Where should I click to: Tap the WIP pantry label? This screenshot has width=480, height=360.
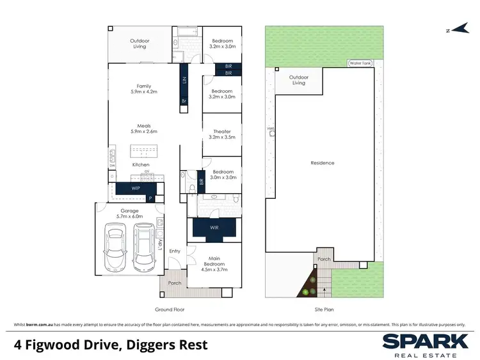point(136,189)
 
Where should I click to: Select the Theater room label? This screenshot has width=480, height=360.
point(222,131)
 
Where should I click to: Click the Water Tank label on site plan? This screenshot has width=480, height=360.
point(358,63)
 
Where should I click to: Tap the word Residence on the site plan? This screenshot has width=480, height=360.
point(323,163)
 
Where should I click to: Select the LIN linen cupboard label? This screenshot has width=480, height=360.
point(184,81)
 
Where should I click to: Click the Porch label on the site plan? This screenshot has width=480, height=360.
point(323,259)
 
